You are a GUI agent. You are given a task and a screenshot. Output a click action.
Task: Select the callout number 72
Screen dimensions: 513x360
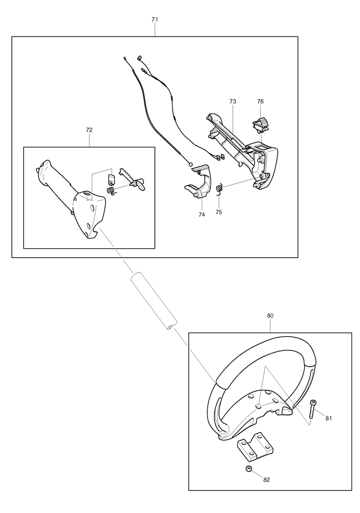pyautogui.click(x=89, y=130)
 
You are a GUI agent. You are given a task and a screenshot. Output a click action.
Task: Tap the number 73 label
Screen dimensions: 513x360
pyautogui.click(x=233, y=101)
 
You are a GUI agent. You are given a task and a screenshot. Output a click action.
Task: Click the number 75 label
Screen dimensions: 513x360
pyautogui.click(x=219, y=211)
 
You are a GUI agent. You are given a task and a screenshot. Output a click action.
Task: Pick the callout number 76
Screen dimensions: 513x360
pyautogui.click(x=260, y=101)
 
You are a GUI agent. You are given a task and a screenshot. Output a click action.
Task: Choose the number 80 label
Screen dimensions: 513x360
pyautogui.click(x=270, y=315)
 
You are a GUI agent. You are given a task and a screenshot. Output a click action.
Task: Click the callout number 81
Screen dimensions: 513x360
pyautogui.click(x=328, y=418)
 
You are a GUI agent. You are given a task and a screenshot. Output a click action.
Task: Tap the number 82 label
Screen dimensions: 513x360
pyautogui.click(x=267, y=479)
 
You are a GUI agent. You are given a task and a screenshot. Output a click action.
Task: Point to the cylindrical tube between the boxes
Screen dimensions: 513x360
pyautogui.click(x=153, y=304)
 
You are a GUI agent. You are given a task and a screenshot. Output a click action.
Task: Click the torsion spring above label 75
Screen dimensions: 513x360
pyautogui.click(x=220, y=188)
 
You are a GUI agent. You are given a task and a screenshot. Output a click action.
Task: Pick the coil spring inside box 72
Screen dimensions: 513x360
pyautogui.click(x=111, y=189)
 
